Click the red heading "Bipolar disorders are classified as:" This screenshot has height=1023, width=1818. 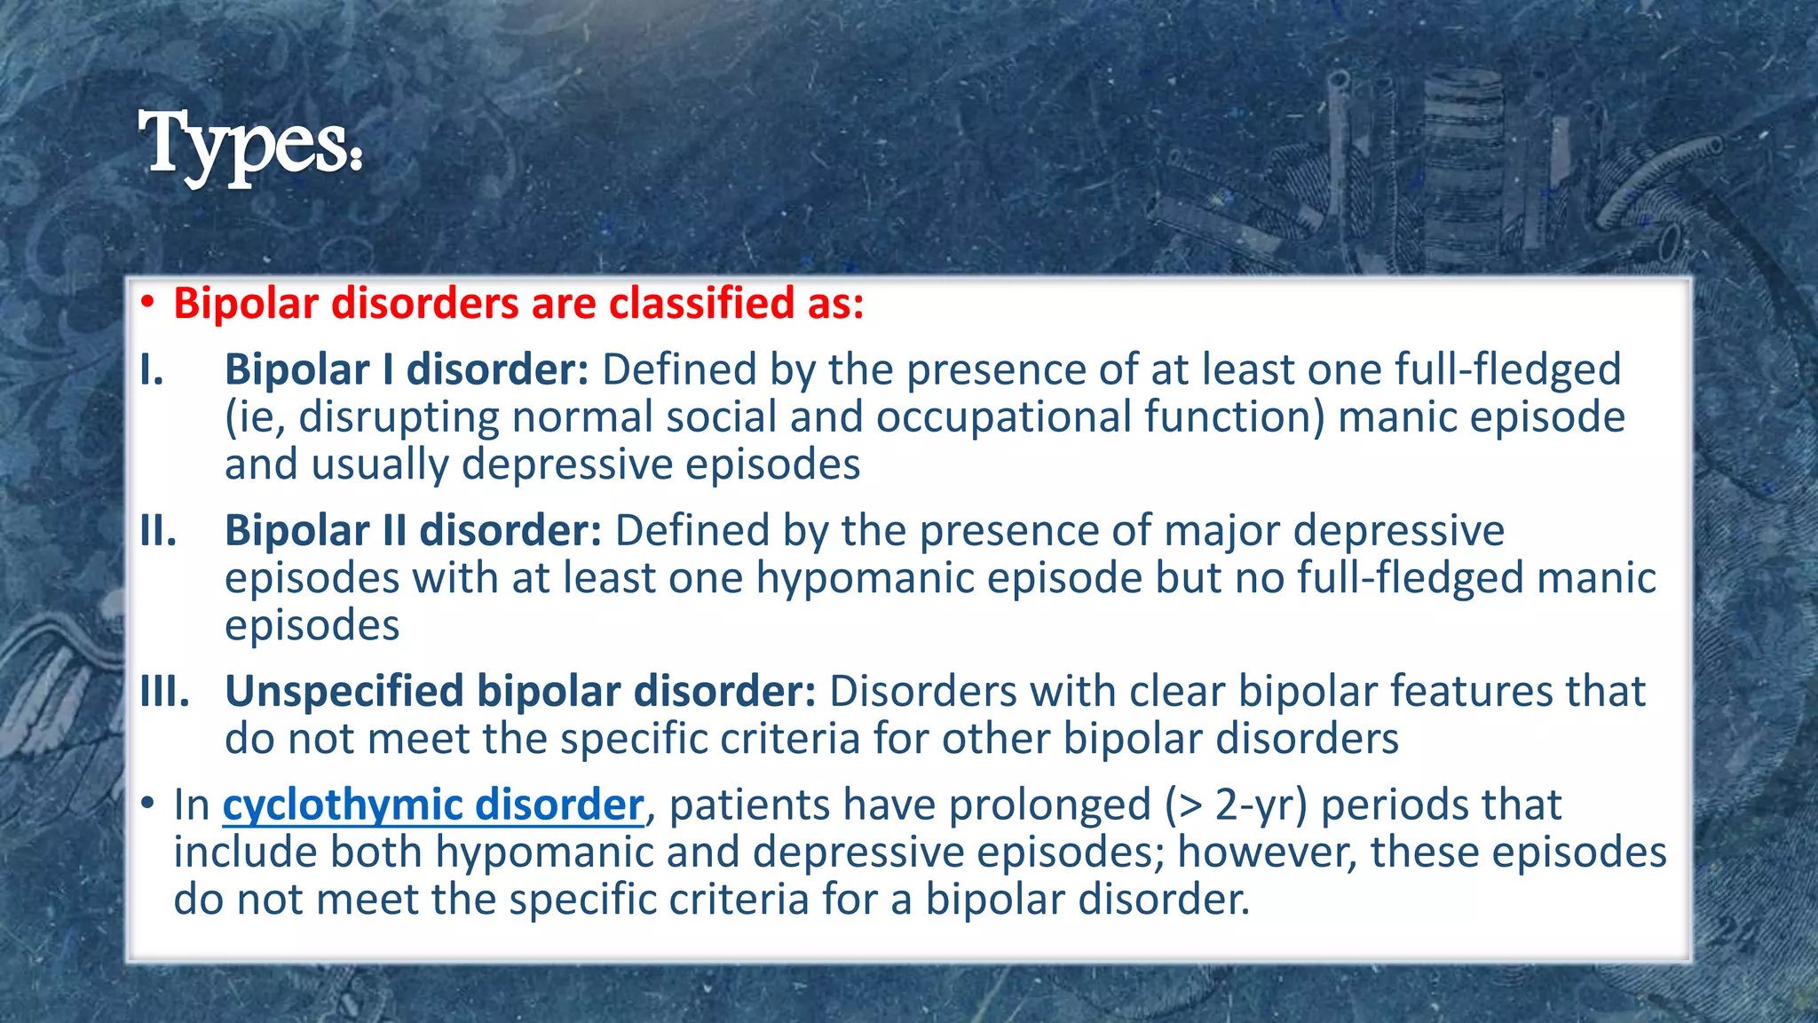tap(518, 304)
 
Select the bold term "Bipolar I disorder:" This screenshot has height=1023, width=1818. tap(407, 369)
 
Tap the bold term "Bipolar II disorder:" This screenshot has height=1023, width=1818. tap(414, 530)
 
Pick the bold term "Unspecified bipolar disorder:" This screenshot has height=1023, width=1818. tap(520, 691)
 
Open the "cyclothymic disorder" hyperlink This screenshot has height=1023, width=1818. tap(433, 805)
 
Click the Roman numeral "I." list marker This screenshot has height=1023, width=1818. tap(152, 369)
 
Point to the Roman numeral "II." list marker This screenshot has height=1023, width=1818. tap(158, 530)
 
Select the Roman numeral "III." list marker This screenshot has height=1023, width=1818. tap(165, 691)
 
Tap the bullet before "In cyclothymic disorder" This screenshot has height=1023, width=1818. tap(147, 805)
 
